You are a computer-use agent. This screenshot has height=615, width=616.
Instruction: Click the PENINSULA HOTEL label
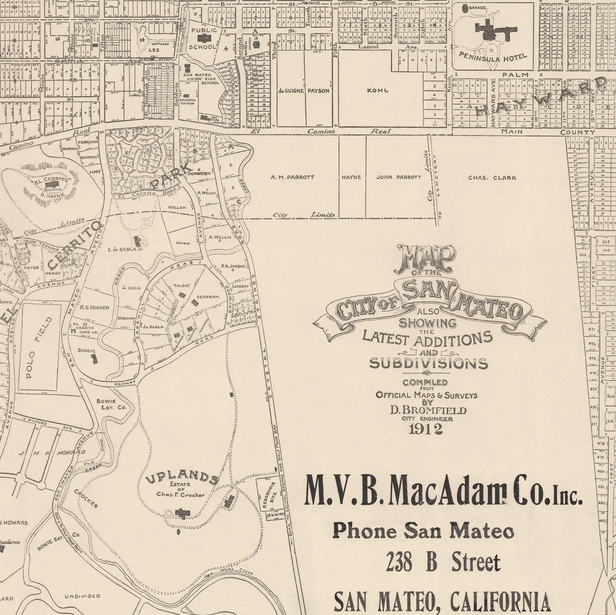493,57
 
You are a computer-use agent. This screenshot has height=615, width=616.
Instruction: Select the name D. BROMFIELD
428,410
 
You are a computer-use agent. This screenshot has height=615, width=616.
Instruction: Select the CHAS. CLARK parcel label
492,178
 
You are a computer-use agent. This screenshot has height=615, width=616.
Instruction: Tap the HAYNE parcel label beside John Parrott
351,177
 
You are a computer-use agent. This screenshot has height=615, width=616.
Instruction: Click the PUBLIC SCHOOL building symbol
203,38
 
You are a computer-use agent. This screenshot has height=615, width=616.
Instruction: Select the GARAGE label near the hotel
477,7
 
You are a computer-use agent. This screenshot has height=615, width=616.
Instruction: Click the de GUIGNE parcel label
290,91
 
